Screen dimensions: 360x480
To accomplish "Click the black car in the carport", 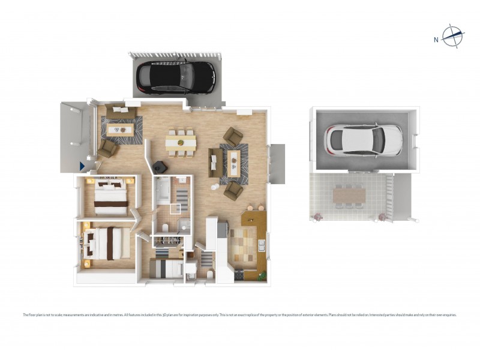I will [x=175, y=76].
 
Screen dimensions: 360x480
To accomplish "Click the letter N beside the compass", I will [x=436, y=40].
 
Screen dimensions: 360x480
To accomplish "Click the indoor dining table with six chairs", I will [x=181, y=142].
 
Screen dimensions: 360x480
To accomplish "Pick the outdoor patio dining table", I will [x=348, y=195].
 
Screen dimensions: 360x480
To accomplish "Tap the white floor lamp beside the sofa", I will [x=213, y=187].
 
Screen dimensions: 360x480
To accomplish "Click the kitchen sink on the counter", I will [x=261, y=245].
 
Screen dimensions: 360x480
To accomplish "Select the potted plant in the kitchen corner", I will [x=262, y=275].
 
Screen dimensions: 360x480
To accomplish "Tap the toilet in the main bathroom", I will [x=165, y=226].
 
